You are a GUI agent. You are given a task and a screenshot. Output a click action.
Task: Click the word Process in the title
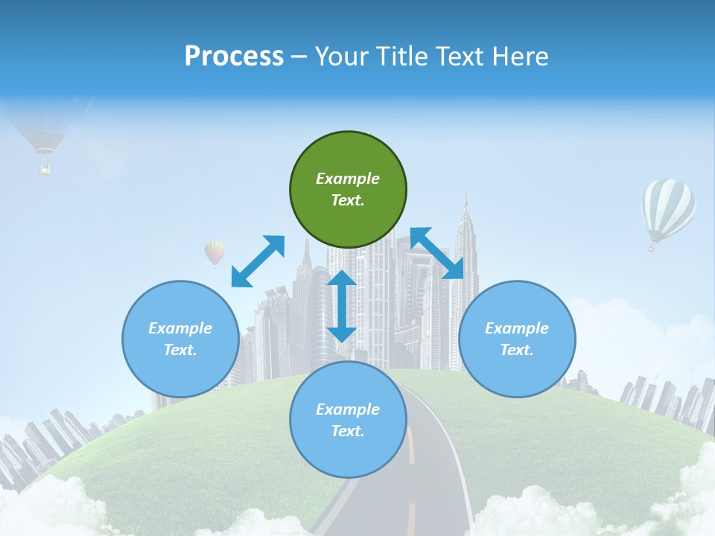(x=234, y=57)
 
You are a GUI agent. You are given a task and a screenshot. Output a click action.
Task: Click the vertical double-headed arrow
(x=342, y=306)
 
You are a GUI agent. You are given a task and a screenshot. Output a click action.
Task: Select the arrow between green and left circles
(x=258, y=261)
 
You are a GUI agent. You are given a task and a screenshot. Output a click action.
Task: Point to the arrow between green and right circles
(x=437, y=253)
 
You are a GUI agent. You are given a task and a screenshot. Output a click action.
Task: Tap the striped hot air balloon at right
(x=668, y=208)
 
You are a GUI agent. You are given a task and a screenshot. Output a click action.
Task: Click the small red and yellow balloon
(x=214, y=252)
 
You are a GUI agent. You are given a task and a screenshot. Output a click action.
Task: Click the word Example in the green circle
(x=348, y=179)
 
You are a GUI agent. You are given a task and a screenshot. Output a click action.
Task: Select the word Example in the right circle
(x=517, y=328)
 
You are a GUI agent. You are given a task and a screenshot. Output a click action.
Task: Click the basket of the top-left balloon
(x=45, y=168)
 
